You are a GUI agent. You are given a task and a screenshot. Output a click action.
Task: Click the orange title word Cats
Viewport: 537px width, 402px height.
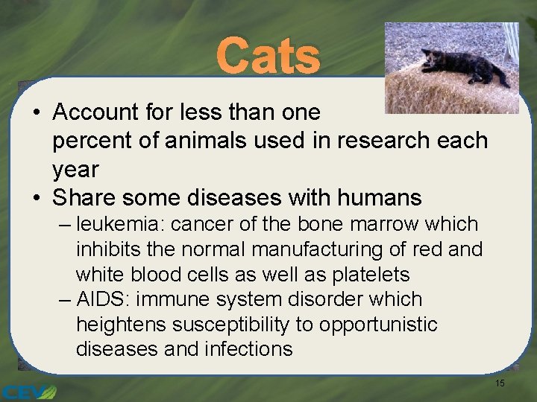click(x=268, y=57)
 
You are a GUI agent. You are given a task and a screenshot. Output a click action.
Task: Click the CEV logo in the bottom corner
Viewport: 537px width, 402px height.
click(x=28, y=392)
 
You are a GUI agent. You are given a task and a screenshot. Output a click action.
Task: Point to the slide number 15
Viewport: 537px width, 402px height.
click(x=500, y=383)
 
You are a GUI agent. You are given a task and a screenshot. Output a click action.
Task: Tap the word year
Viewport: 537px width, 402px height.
click(x=75, y=169)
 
